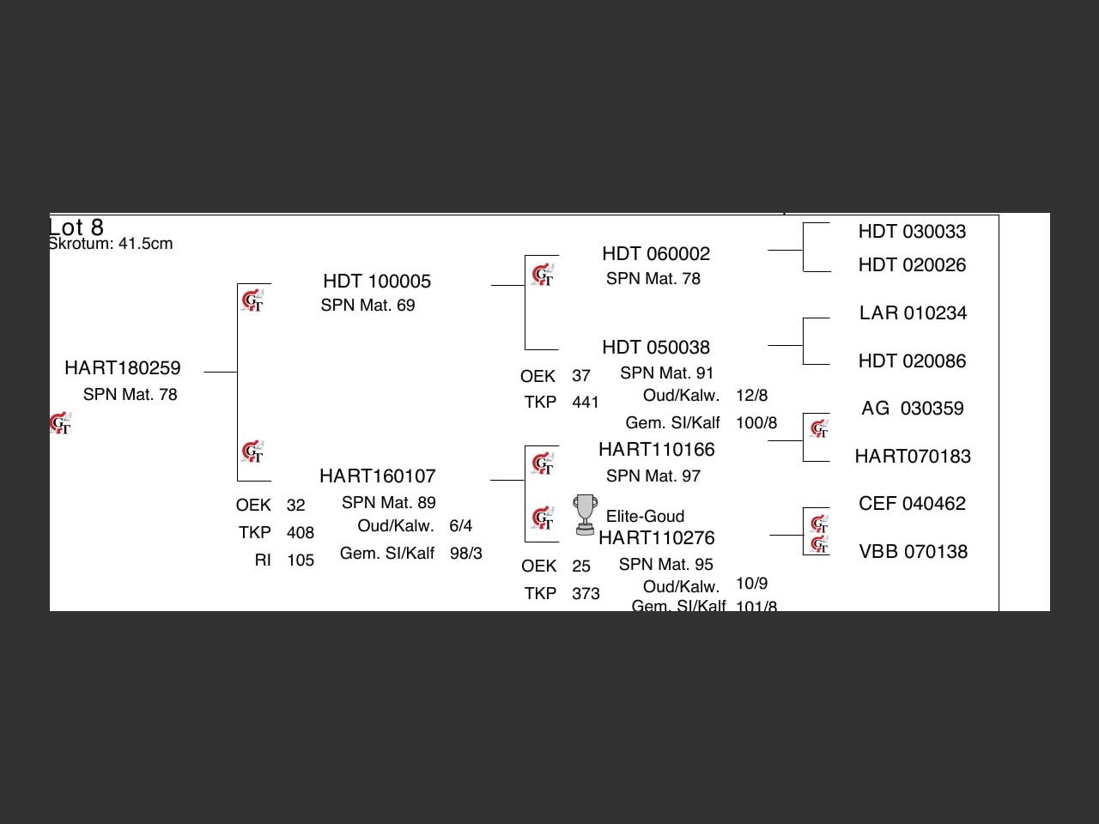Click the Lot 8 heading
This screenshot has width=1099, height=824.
click(76, 227)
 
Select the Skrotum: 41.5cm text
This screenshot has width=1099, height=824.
click(111, 244)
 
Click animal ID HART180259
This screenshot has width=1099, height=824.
click(123, 368)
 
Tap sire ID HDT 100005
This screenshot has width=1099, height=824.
click(377, 282)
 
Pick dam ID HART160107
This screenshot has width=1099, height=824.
click(378, 476)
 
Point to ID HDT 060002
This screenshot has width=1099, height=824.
click(656, 254)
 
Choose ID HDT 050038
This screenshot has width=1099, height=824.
click(656, 348)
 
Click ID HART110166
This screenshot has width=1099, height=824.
click(656, 450)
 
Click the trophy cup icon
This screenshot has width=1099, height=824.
click(585, 514)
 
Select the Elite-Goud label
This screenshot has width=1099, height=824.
click(645, 517)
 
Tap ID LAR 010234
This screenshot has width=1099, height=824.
click(913, 313)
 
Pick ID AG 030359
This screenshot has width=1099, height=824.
click(913, 409)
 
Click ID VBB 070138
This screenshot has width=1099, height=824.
click(913, 552)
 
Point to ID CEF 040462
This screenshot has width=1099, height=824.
click(912, 504)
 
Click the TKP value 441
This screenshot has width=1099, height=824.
click(586, 403)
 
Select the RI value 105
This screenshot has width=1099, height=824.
click(301, 560)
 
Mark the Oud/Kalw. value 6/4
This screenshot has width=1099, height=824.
click(460, 526)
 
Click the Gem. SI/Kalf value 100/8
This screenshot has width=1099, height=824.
click(756, 423)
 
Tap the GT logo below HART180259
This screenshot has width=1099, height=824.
click(60, 424)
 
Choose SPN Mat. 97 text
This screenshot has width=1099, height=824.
click(653, 476)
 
